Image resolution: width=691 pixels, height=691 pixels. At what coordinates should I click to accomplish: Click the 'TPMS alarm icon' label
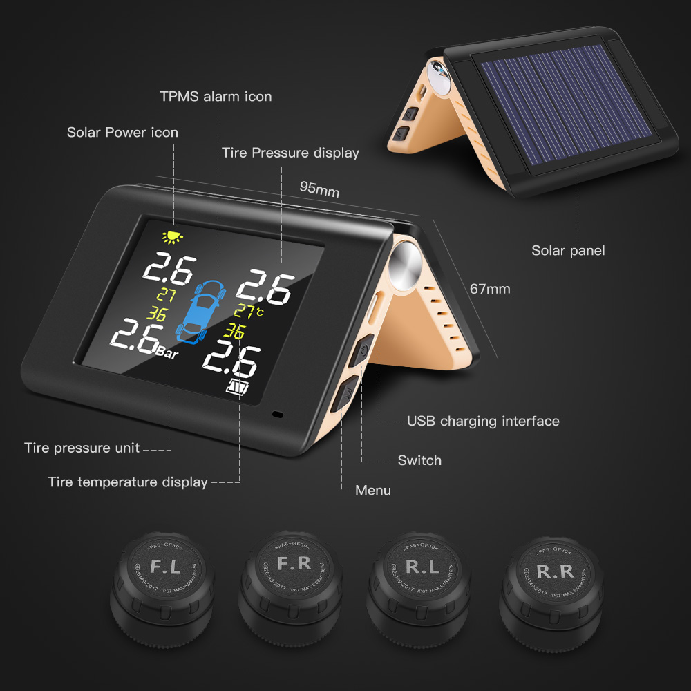point(216,96)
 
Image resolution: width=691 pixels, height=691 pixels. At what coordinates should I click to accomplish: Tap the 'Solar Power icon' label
point(122,132)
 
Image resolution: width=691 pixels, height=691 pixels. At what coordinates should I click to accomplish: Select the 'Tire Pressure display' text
point(290,153)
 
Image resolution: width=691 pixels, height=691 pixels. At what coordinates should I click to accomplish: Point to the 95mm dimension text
point(319,189)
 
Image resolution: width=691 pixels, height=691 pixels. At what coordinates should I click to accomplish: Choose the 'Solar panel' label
point(567,250)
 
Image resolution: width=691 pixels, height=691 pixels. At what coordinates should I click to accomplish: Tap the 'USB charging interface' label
point(483,421)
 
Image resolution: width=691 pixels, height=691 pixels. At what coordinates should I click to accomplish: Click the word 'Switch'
point(419,460)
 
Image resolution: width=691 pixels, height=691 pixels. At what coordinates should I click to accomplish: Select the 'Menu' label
point(373,491)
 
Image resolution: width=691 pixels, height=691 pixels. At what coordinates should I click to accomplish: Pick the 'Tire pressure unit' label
point(82,448)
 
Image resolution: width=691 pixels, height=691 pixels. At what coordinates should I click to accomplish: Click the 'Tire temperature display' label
point(128,482)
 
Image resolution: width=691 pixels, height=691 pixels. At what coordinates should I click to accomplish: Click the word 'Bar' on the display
point(169,352)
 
